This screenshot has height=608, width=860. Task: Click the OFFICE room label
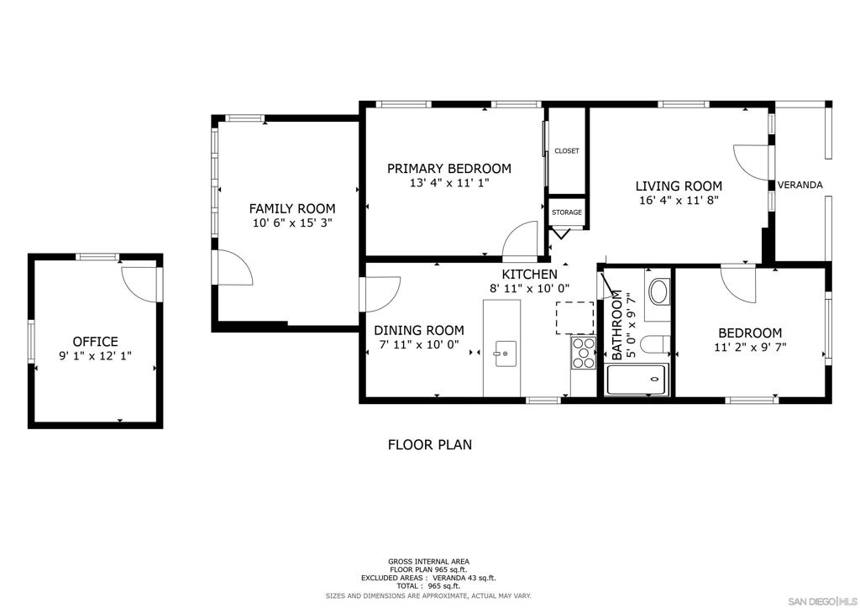[96, 342]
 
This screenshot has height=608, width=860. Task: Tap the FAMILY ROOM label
[292, 208]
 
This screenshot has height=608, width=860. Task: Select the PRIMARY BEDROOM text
[449, 168]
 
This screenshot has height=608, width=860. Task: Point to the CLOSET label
[567, 151]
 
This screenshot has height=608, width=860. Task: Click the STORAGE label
[567, 212]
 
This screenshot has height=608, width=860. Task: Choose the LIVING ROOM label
[679, 186]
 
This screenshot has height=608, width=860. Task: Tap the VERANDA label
[800, 185]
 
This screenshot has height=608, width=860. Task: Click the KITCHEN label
[529, 274]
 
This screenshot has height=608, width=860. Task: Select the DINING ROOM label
[419, 330]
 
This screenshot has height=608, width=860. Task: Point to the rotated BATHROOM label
[617, 325]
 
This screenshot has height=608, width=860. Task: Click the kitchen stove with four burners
[584, 353]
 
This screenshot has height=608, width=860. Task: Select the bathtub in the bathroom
[637, 379]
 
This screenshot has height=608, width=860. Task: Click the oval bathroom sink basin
[658, 291]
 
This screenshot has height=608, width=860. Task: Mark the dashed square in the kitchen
[574, 317]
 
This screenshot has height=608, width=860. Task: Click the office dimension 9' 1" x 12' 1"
[96, 356]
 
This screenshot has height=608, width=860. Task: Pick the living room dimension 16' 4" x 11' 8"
[679, 200]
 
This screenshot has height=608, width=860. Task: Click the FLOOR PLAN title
[430, 444]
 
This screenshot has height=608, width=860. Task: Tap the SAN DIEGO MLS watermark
[823, 601]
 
